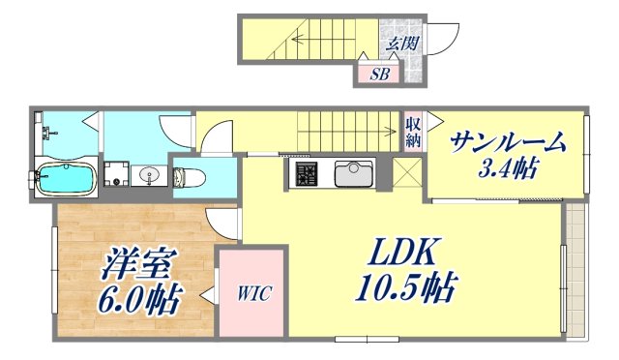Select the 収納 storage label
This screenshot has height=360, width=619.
413,130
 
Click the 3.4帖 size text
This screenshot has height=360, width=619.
508,170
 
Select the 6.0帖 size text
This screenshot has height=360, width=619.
139,299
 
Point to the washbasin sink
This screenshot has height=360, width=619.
149,175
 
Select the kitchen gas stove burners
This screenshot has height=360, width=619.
308,175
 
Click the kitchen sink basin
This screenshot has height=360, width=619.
352,175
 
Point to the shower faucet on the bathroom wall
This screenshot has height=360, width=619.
40,135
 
